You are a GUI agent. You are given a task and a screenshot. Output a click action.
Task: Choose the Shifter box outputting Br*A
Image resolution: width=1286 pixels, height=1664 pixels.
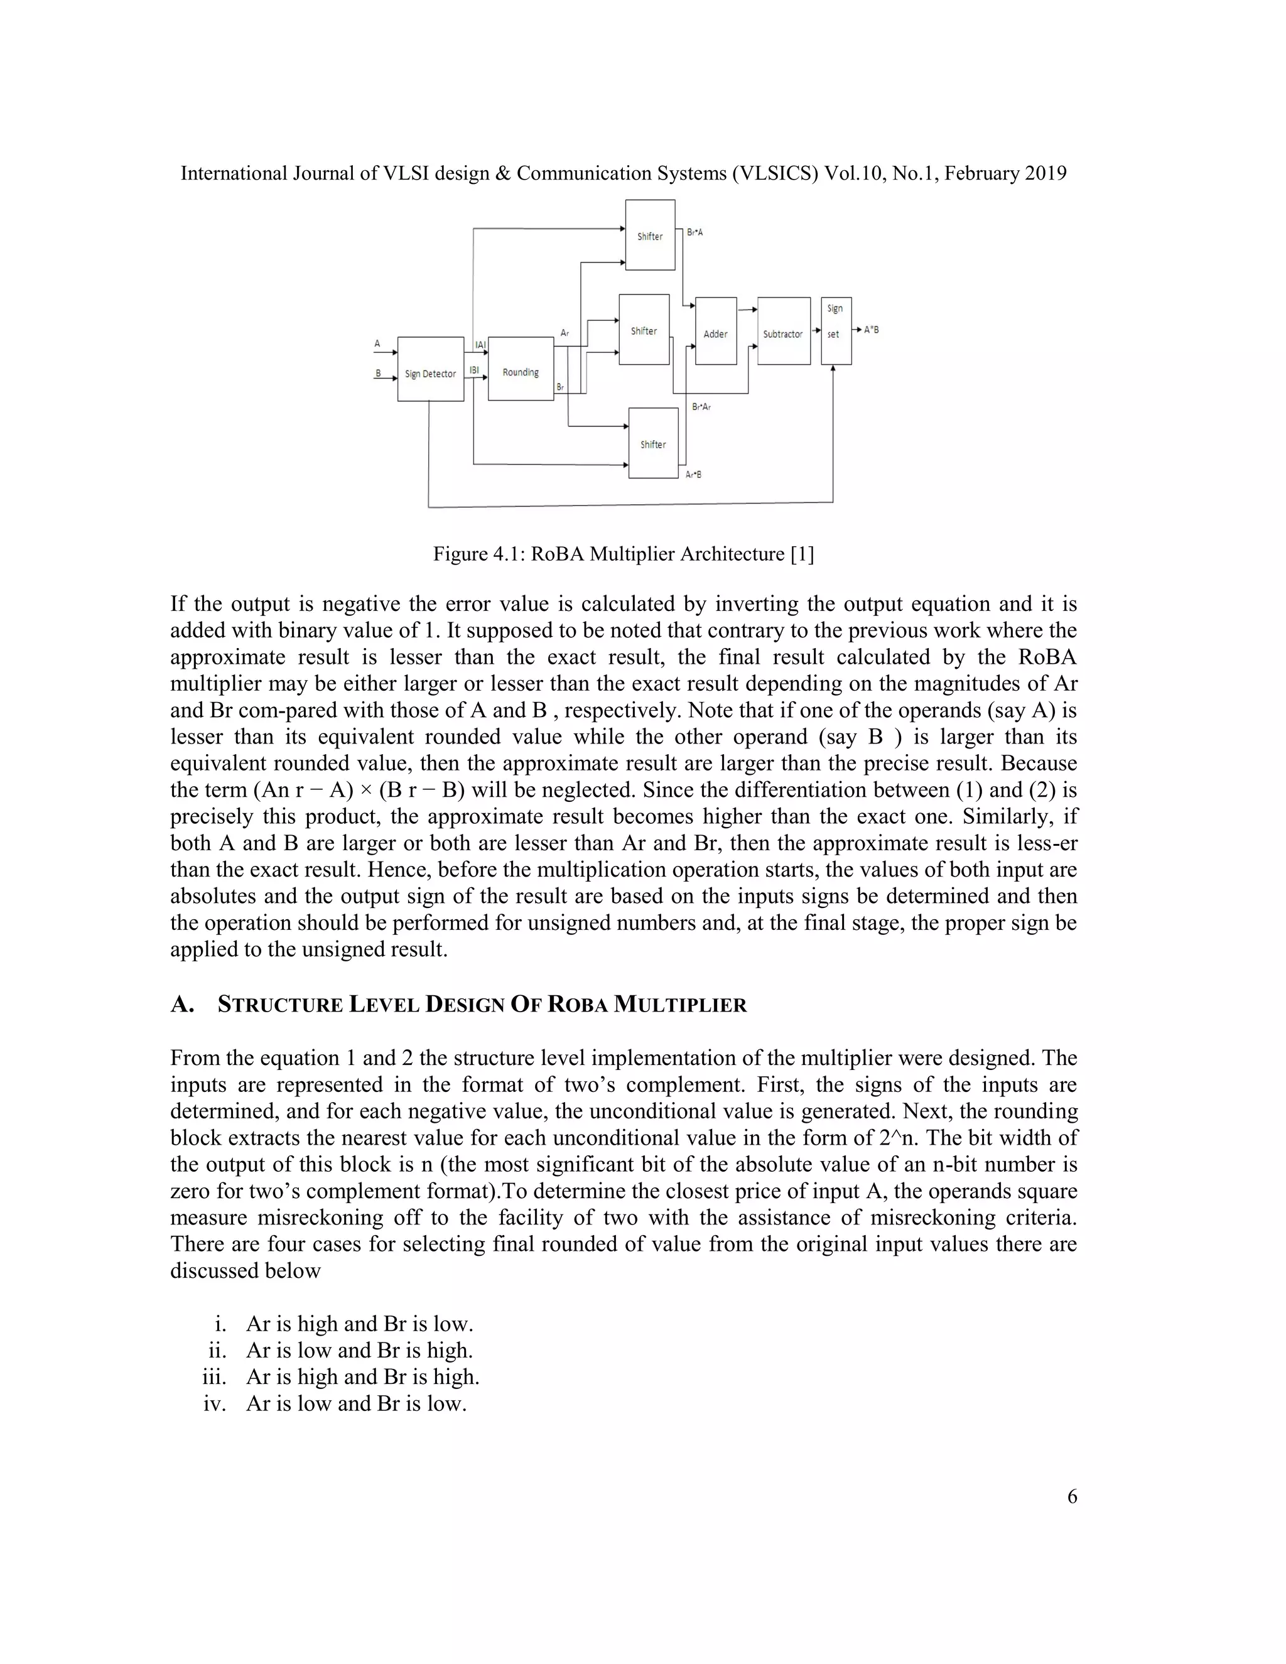pyautogui.click(x=650, y=235)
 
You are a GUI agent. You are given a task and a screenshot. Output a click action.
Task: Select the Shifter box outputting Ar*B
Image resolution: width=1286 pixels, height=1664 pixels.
pyautogui.click(x=653, y=443)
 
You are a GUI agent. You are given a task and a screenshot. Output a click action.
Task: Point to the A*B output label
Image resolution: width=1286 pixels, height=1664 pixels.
pyautogui.click(x=871, y=330)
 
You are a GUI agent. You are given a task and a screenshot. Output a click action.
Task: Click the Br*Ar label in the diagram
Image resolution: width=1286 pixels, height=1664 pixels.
pyautogui.click(x=701, y=407)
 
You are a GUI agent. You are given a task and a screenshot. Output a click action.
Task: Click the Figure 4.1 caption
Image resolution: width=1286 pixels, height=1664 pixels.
pyautogui.click(x=623, y=554)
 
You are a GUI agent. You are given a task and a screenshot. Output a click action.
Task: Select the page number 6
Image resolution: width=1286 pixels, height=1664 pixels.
pyautogui.click(x=1072, y=1518)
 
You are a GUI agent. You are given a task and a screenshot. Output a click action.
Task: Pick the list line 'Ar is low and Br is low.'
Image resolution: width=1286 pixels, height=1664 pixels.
pyautogui.click(x=356, y=1403)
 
